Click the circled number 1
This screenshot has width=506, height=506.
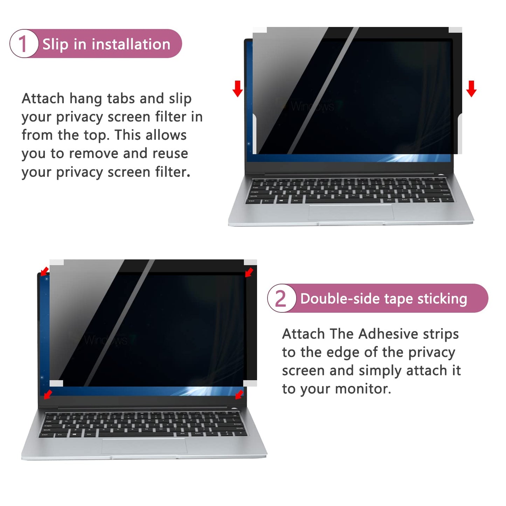tap(23, 44)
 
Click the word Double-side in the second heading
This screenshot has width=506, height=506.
tap(340, 299)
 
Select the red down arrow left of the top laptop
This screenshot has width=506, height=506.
tap(237, 88)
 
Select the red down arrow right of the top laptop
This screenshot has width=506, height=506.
tap(471, 88)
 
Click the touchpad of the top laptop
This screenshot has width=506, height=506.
tap(351, 212)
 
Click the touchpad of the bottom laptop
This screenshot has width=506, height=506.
tap(144, 445)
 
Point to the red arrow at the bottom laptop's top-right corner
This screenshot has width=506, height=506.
tap(249, 272)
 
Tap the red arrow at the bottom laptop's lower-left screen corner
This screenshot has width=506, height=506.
tap(48, 394)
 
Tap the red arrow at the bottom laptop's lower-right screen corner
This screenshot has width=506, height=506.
tap(239, 394)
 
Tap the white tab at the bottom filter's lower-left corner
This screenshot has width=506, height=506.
tap(56, 383)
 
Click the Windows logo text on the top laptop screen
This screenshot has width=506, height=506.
tap(312, 106)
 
